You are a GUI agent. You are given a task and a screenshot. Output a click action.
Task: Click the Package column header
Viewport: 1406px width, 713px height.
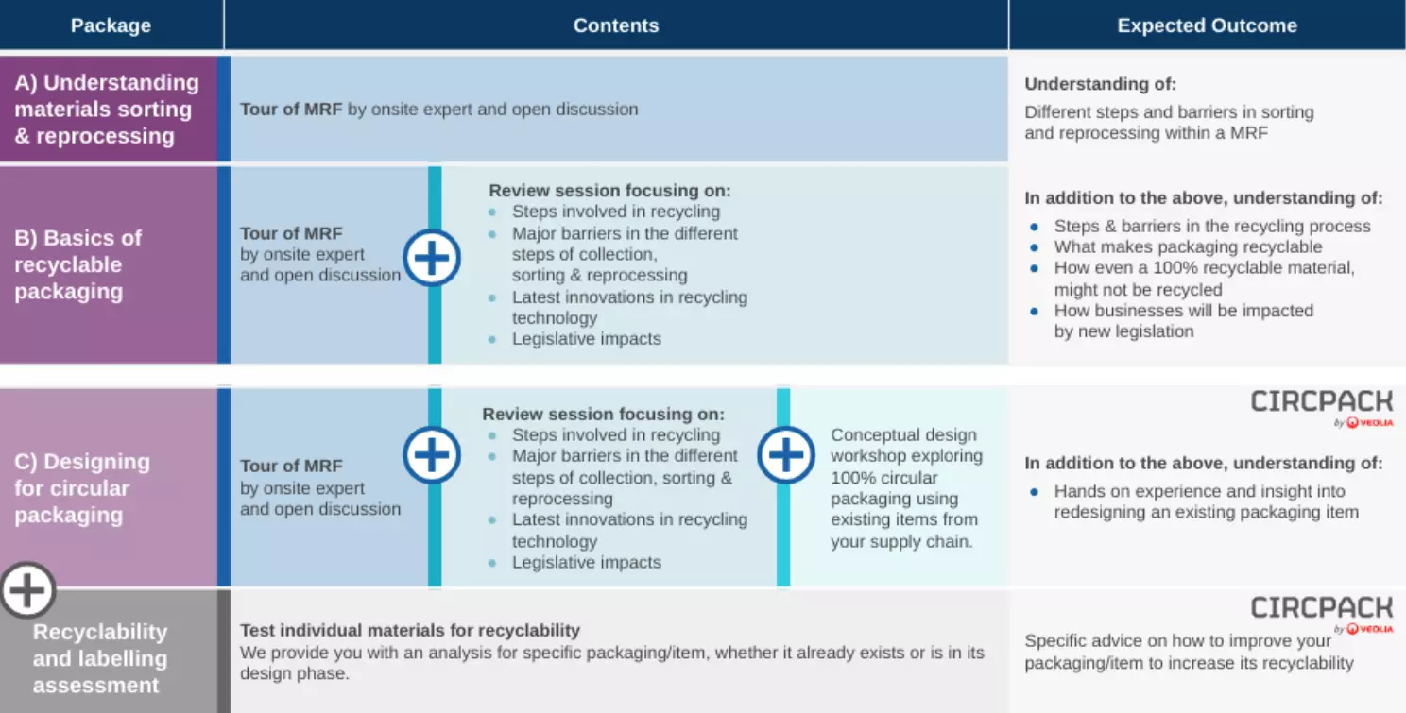111,25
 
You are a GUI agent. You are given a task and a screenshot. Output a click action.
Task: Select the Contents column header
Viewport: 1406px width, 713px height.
616,25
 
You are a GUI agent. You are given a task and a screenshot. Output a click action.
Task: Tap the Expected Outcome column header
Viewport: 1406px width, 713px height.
1207,25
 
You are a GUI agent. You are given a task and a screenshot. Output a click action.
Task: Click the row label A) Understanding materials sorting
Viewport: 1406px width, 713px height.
107,110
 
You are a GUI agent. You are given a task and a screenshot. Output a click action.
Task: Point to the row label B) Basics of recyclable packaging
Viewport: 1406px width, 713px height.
77,264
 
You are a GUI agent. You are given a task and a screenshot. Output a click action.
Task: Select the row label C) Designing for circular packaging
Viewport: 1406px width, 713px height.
81,488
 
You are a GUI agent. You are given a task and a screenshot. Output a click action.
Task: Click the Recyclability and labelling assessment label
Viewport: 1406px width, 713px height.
100,658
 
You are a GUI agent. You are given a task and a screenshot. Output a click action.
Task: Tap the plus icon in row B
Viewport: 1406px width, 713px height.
432,258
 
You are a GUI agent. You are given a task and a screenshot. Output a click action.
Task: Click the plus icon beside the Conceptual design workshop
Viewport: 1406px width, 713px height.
786,454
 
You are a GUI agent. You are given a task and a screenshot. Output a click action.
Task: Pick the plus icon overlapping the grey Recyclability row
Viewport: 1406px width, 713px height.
27,589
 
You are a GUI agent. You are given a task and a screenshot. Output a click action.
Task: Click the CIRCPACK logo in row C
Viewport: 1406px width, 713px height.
1321,408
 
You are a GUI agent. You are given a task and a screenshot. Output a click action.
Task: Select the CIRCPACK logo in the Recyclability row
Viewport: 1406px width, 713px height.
1321,614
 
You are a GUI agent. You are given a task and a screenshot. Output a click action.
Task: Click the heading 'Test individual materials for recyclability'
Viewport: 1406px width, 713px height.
410,630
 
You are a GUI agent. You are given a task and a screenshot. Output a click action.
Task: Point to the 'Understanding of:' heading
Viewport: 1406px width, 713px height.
1100,84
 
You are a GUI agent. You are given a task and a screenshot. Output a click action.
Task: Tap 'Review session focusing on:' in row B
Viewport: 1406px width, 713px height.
609,190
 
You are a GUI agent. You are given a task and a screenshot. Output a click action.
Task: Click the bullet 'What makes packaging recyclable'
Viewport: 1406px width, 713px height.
1188,247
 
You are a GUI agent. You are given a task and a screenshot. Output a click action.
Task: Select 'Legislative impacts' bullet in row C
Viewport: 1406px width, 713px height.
586,562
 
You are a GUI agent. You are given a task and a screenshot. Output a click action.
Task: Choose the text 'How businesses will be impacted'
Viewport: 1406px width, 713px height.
1184,311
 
